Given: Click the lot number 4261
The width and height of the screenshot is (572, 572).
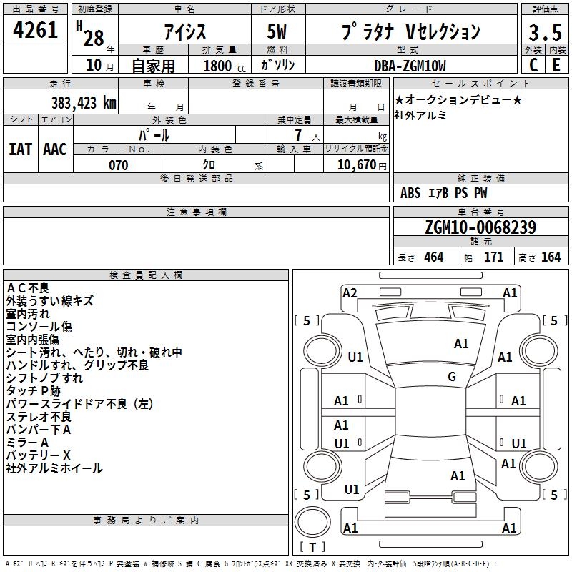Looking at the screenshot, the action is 36,31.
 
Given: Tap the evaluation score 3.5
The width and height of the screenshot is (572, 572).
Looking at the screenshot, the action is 545,33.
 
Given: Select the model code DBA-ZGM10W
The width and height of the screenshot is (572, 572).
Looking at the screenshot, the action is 410,66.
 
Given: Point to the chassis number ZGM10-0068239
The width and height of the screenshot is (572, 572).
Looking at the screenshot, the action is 480,227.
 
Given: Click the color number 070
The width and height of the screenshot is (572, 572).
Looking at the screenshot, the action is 118,165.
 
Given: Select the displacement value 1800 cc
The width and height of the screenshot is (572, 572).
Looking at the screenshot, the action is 221,66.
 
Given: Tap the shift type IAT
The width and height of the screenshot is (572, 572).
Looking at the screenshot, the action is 20,149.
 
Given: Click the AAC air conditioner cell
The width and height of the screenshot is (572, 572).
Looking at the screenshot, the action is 55,149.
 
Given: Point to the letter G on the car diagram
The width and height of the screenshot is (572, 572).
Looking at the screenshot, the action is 451,376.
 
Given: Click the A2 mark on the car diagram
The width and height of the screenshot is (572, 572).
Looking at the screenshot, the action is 350,292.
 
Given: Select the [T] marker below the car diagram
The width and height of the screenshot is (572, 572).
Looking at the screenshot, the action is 312,548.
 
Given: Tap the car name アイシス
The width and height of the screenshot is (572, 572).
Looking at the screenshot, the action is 183,32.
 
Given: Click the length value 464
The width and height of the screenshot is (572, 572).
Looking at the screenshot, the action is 433,257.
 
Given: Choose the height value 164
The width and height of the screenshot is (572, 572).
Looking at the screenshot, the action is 551,257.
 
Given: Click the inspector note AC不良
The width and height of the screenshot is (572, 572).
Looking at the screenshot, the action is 28,288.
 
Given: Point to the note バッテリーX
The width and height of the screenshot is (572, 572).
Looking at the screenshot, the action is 39,455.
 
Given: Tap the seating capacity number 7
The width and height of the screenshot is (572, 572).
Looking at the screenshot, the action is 296,134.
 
